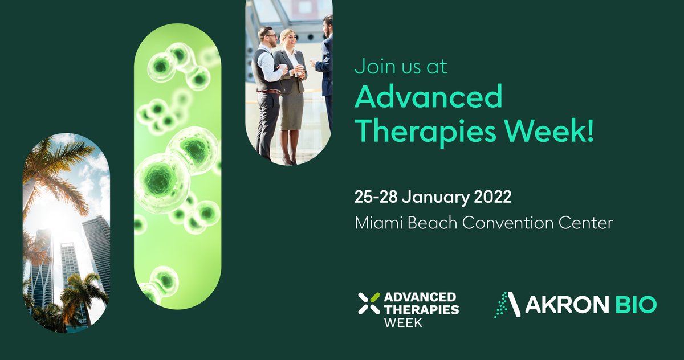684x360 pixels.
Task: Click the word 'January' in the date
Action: [436, 199]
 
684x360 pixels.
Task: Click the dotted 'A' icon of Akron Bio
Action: [507, 305]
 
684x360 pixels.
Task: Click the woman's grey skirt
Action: [291, 108]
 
